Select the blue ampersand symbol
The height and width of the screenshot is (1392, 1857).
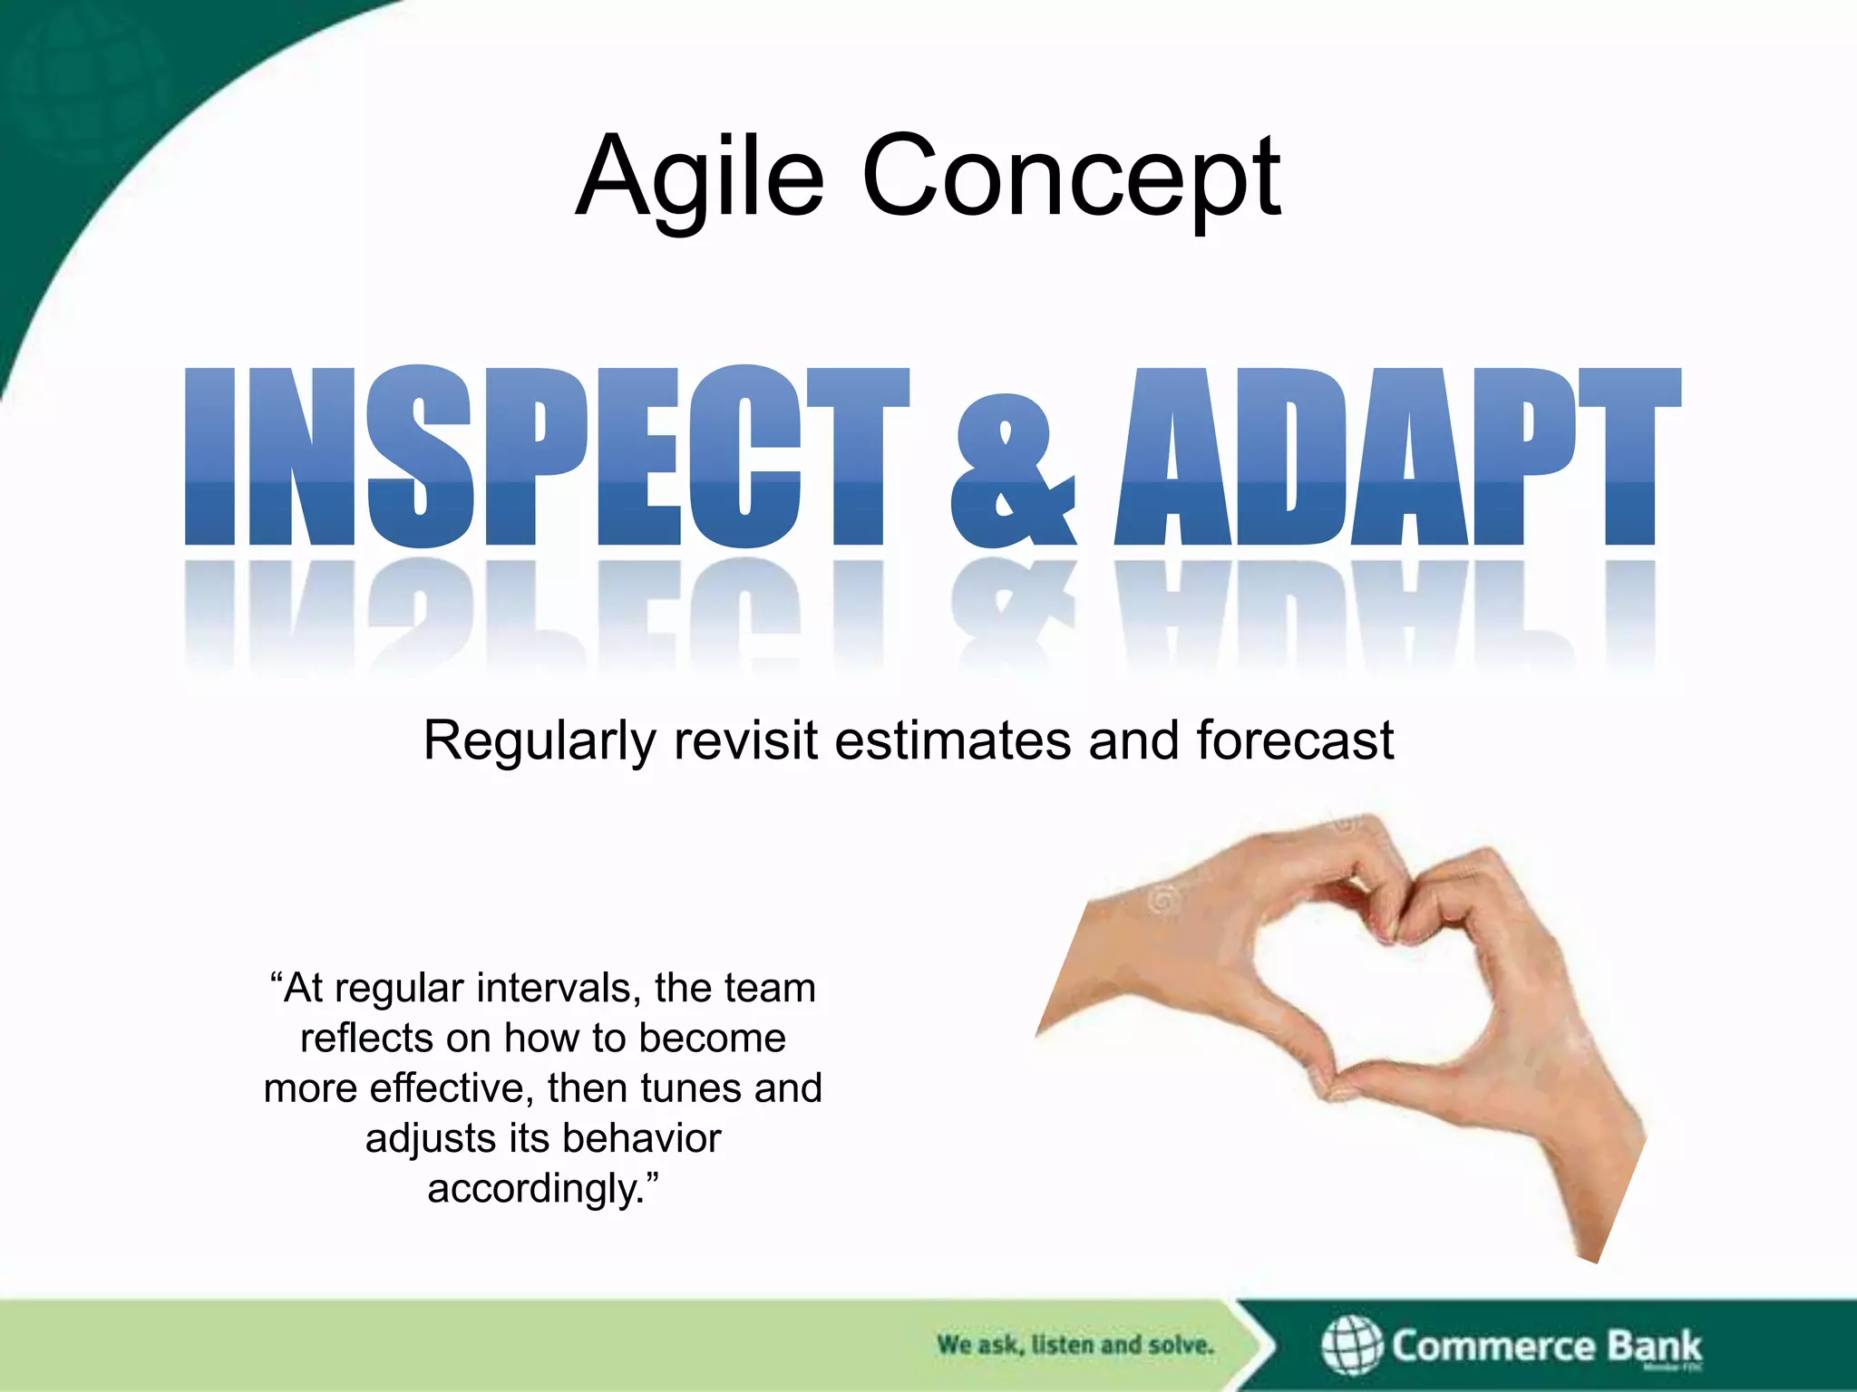tap(1013, 471)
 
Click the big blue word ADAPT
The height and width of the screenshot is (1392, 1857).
tap(1396, 456)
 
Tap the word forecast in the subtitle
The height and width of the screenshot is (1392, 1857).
tap(1294, 741)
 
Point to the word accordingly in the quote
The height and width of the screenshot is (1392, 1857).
tap(534, 1189)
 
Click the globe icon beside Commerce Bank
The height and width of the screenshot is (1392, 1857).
tap(1351, 1345)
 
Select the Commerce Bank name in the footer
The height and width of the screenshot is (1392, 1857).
tap(1546, 1346)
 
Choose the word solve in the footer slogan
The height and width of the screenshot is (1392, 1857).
tap(1180, 1345)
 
